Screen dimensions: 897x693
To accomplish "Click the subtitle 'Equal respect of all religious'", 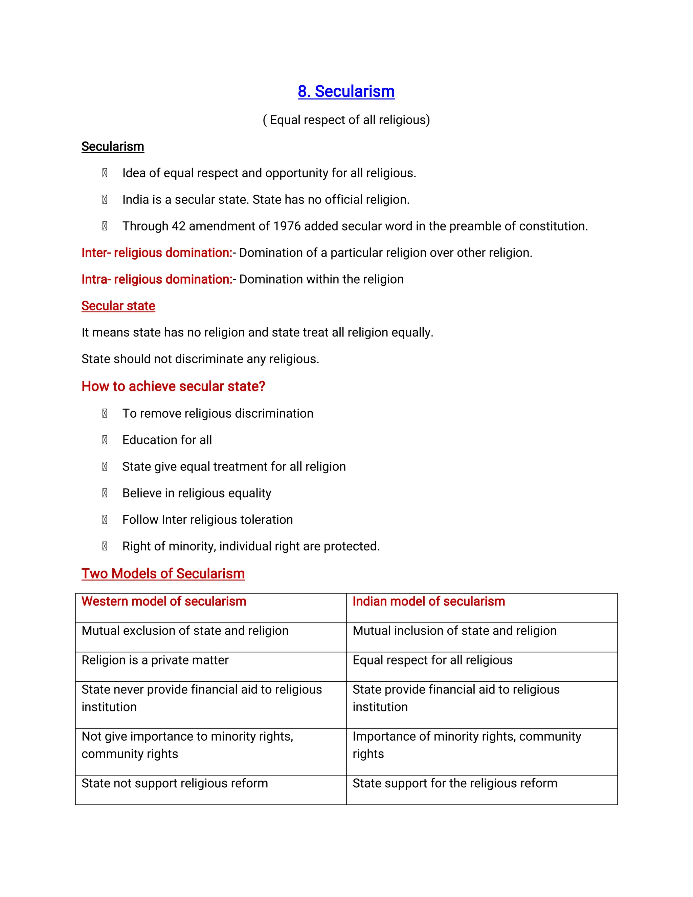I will (x=346, y=120).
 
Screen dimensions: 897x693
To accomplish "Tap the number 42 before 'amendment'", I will (x=179, y=226).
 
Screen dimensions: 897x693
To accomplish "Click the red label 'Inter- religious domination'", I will (x=156, y=253).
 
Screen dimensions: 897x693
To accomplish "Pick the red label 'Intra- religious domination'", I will (x=156, y=280).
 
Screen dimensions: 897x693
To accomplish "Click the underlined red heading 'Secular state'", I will (x=118, y=306).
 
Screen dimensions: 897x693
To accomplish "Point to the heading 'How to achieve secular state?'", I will (x=173, y=387).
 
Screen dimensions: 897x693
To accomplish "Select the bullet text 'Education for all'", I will (x=167, y=440).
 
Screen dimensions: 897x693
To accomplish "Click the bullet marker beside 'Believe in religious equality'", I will (x=105, y=493).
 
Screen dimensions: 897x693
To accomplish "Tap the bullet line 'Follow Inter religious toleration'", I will (x=207, y=520).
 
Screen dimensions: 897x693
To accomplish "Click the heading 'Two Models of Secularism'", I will (x=163, y=574).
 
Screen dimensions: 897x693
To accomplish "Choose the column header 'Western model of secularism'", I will (x=164, y=602).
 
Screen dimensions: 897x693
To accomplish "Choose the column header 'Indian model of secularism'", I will (x=429, y=602).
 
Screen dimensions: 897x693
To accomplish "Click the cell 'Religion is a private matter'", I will (x=155, y=660).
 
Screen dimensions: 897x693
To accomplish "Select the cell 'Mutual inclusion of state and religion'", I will (x=454, y=631).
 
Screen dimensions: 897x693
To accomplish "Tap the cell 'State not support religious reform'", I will (x=175, y=784).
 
